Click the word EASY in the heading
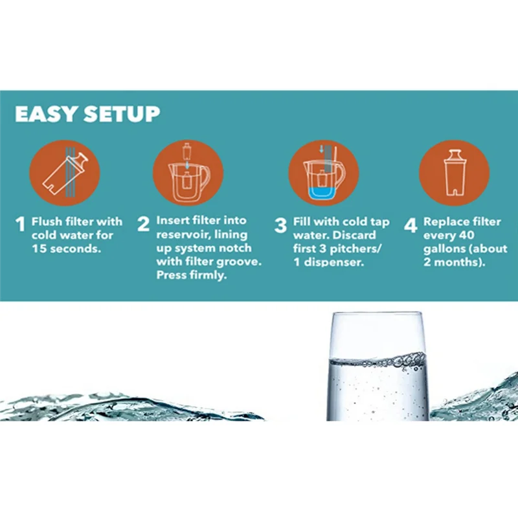coord(45,115)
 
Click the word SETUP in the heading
coord(119,115)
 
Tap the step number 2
coord(144,225)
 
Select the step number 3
coord(280,225)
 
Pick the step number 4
coord(411,225)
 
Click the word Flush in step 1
coord(47,221)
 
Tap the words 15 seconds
coord(66,249)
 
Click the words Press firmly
coord(190,275)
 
